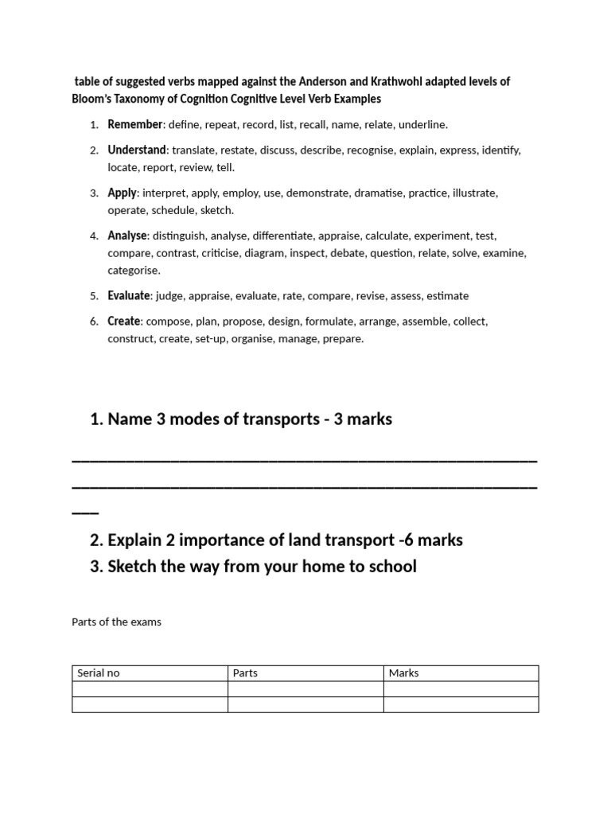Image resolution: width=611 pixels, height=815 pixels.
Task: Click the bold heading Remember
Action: coord(135,124)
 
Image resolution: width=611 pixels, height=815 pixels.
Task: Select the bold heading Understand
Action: coord(137,150)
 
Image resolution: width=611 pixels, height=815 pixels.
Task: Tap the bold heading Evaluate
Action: coord(129,295)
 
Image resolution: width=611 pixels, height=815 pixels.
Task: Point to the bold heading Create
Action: coord(124,321)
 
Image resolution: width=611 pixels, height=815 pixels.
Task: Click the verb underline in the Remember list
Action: coord(422,124)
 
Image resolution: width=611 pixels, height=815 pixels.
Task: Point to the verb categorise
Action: coord(134,270)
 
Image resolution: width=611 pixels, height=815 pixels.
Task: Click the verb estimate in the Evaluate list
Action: coord(447,295)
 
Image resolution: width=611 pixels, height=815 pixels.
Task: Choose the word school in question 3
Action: coord(391,567)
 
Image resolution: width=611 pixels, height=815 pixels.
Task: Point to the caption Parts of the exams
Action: coord(116,622)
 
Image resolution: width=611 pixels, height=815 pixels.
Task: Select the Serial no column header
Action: coord(98,673)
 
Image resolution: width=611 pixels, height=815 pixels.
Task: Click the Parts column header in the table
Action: coord(245,673)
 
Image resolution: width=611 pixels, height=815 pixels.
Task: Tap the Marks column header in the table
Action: coord(403,673)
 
